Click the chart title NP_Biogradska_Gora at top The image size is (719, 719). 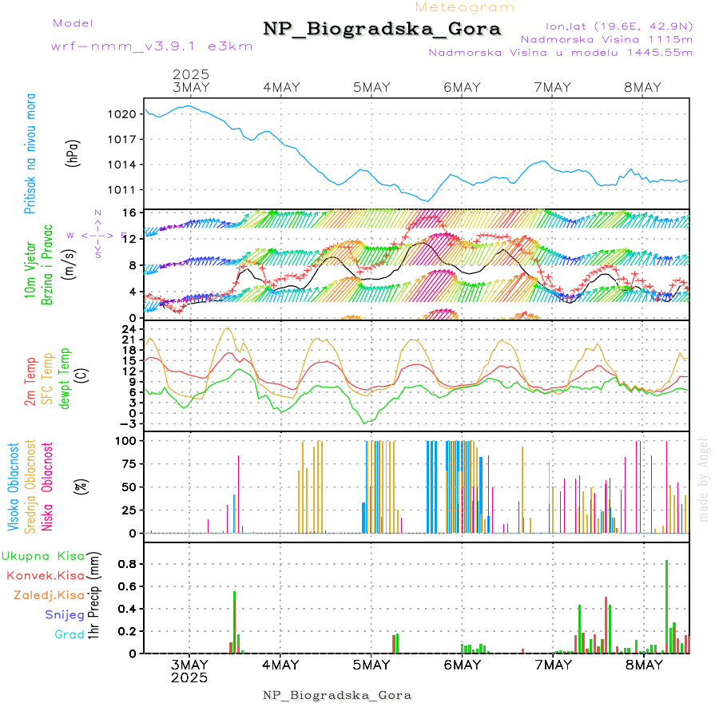[x=382, y=30]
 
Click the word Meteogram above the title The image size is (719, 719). [x=466, y=7]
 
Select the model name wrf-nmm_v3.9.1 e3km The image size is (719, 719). [x=152, y=46]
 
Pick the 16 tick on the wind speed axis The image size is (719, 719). [x=128, y=213]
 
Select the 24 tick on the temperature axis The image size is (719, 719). [x=128, y=329]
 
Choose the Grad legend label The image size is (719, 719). [x=70, y=635]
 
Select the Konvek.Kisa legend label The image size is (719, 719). [x=46, y=575]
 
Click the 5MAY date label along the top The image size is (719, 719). [x=371, y=87]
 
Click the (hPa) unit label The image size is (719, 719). [x=73, y=153]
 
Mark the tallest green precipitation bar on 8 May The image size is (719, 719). [x=667, y=607]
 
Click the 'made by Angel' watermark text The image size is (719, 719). [x=704, y=479]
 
